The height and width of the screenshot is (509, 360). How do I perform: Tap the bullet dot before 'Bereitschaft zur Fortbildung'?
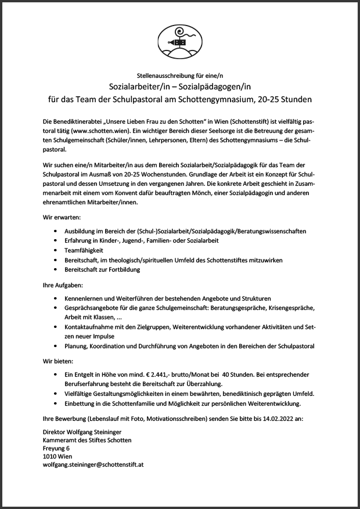tap(55, 270)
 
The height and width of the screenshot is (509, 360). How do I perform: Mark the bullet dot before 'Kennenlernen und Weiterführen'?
tap(55, 298)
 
